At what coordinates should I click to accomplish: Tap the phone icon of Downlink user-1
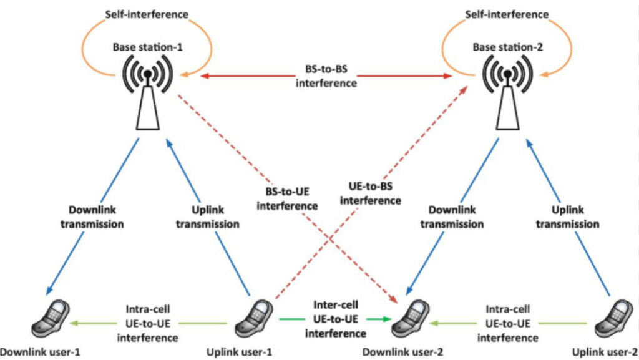pyautogui.click(x=51, y=319)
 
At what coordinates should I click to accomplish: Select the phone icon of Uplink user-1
pyautogui.click(x=254, y=319)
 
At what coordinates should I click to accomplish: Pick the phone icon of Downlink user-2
pyautogui.click(x=411, y=319)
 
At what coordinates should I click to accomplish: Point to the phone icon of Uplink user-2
pyautogui.click(x=614, y=319)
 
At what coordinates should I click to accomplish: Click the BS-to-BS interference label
pyautogui.click(x=326, y=76)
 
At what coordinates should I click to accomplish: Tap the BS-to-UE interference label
pyautogui.click(x=287, y=199)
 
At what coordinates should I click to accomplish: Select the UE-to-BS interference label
pyautogui.click(x=371, y=193)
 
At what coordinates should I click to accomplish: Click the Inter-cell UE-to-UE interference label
pyautogui.click(x=335, y=319)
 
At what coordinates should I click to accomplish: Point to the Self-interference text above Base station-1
pyautogui.click(x=147, y=14)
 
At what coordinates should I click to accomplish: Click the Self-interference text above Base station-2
pyautogui.click(x=507, y=14)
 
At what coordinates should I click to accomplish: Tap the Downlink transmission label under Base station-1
pyautogui.click(x=92, y=217)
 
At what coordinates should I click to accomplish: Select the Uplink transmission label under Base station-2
pyautogui.click(x=567, y=217)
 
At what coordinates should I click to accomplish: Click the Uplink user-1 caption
pyautogui.click(x=239, y=353)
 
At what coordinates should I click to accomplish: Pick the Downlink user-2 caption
pyautogui.click(x=402, y=353)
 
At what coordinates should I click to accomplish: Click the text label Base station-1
pyautogui.click(x=147, y=47)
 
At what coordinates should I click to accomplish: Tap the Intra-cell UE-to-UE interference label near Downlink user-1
pyautogui.click(x=147, y=323)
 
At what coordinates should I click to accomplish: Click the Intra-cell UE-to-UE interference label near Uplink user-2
pyautogui.click(x=508, y=323)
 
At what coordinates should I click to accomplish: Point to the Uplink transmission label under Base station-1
pyautogui.click(x=207, y=217)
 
